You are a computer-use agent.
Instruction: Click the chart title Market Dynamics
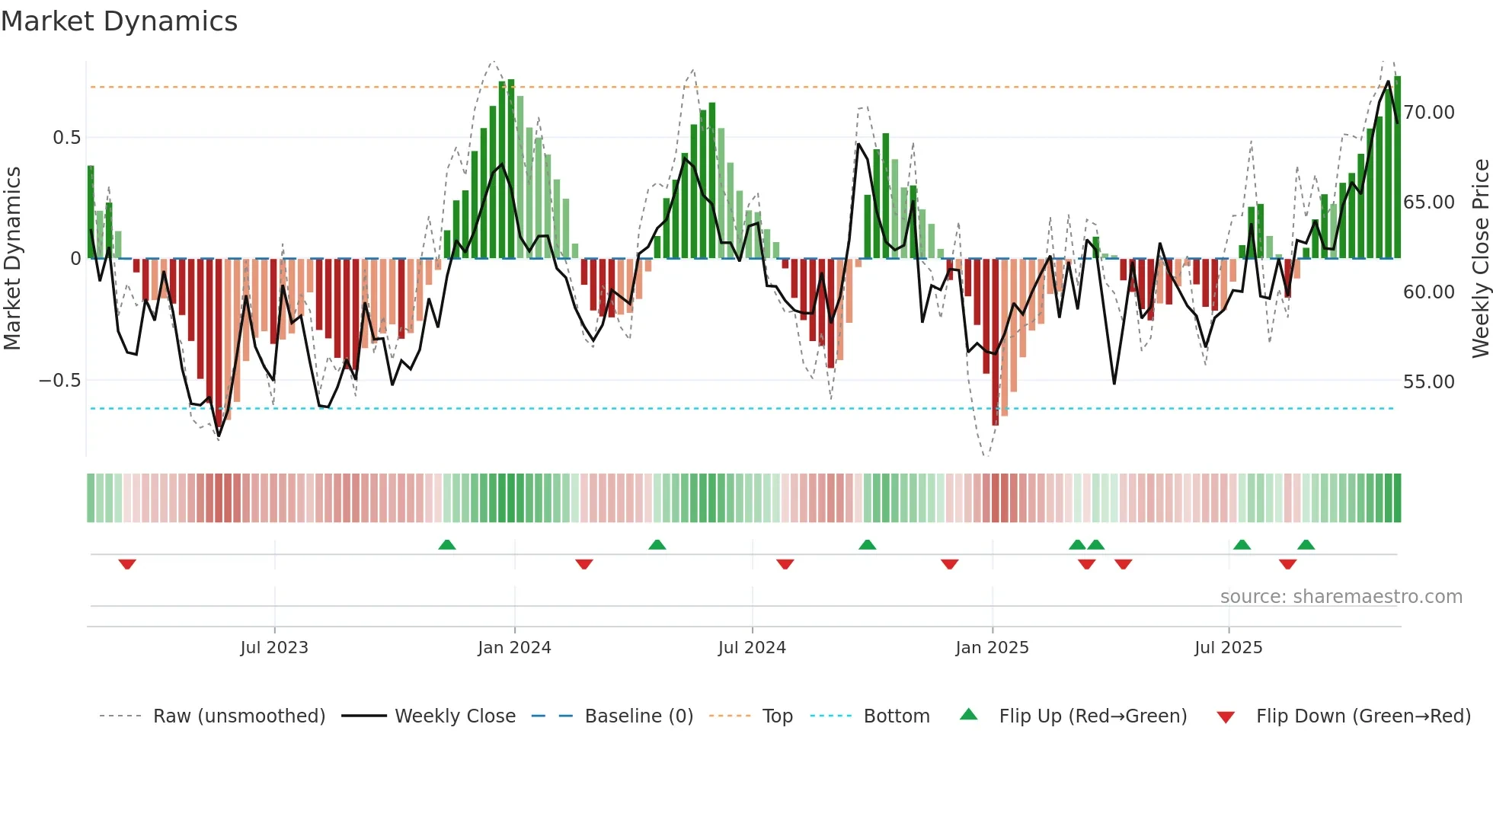(120, 21)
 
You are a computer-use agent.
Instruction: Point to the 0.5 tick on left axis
(66, 138)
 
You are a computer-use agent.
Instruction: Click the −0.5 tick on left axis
(59, 381)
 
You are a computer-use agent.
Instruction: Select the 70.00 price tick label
(1429, 113)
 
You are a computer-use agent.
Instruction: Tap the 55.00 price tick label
(1429, 382)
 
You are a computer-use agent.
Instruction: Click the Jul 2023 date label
(274, 648)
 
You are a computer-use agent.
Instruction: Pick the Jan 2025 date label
(992, 648)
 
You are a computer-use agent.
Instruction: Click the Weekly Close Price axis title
(1480, 259)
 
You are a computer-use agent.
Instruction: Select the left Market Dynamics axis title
(12, 259)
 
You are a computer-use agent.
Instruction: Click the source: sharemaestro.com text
(1341, 597)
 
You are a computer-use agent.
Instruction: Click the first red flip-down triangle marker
(127, 564)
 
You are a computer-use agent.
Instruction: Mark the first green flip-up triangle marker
(447, 544)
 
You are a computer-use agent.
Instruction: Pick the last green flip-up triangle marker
(1306, 544)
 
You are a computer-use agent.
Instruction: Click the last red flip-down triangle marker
(1287, 564)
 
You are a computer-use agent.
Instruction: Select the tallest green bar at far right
(1397, 167)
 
